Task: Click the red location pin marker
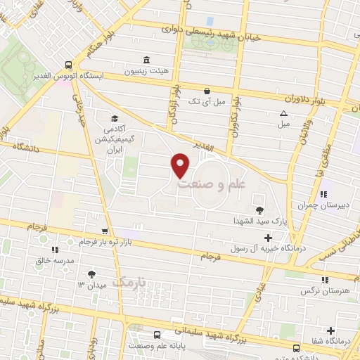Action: tap(181, 165)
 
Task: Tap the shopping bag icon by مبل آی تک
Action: tap(207, 91)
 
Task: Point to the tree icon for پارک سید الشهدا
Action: tap(259, 209)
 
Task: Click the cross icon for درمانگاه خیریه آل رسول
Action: tap(268, 238)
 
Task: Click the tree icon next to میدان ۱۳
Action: tap(91, 274)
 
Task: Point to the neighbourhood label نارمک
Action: tap(129, 282)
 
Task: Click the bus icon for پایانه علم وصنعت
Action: tap(156, 335)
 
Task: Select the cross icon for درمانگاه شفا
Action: tap(330, 330)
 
